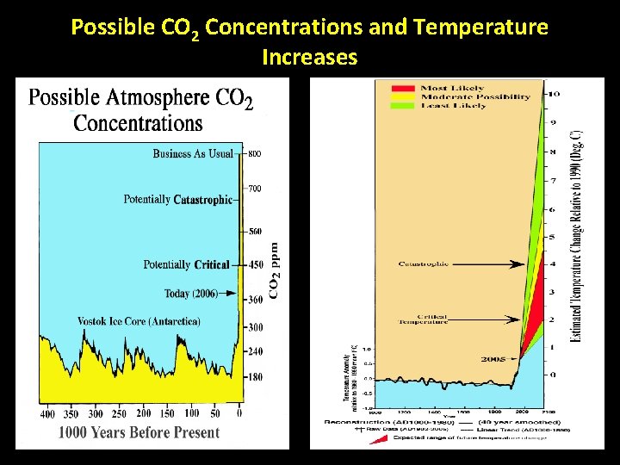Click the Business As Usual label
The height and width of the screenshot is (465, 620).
(x=193, y=154)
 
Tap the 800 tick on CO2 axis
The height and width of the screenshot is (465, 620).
(x=255, y=155)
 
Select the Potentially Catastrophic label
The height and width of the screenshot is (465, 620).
(x=177, y=200)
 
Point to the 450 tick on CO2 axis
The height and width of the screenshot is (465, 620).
(x=255, y=265)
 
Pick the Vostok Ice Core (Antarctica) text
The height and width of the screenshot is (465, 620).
(x=139, y=321)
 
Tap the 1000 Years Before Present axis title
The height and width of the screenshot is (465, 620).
(x=139, y=432)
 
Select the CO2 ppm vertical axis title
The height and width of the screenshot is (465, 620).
(x=275, y=269)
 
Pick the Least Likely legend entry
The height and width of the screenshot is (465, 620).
(x=453, y=105)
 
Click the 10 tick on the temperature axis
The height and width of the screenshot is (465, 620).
(x=555, y=93)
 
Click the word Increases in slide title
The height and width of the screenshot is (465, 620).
(x=309, y=59)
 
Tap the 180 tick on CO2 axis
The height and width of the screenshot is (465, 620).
(x=255, y=377)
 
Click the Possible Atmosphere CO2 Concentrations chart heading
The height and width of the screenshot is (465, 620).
(x=141, y=108)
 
